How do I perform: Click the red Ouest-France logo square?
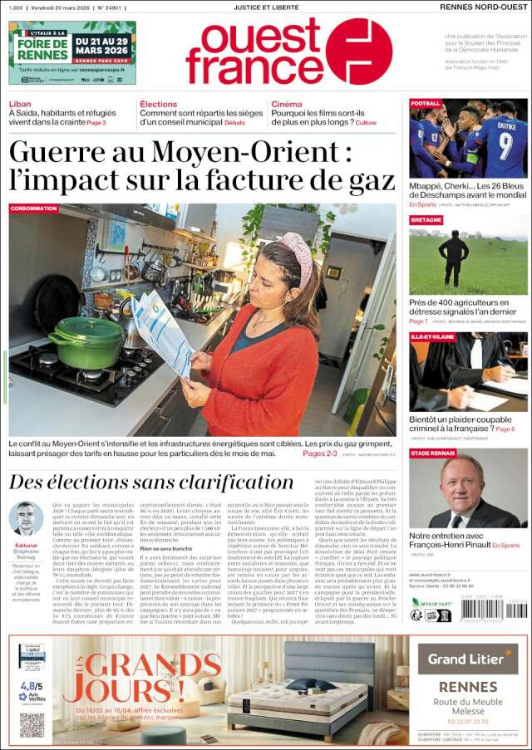(358, 51)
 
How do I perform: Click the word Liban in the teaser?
(20, 105)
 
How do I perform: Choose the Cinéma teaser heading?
(287, 105)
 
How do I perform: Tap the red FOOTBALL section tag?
(425, 104)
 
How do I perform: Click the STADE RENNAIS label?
(432, 453)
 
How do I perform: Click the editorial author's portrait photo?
(26, 518)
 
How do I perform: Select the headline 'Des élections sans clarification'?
(151, 482)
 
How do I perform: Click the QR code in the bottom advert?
(32, 724)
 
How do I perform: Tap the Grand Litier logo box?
(467, 659)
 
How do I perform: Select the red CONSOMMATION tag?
(34, 208)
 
